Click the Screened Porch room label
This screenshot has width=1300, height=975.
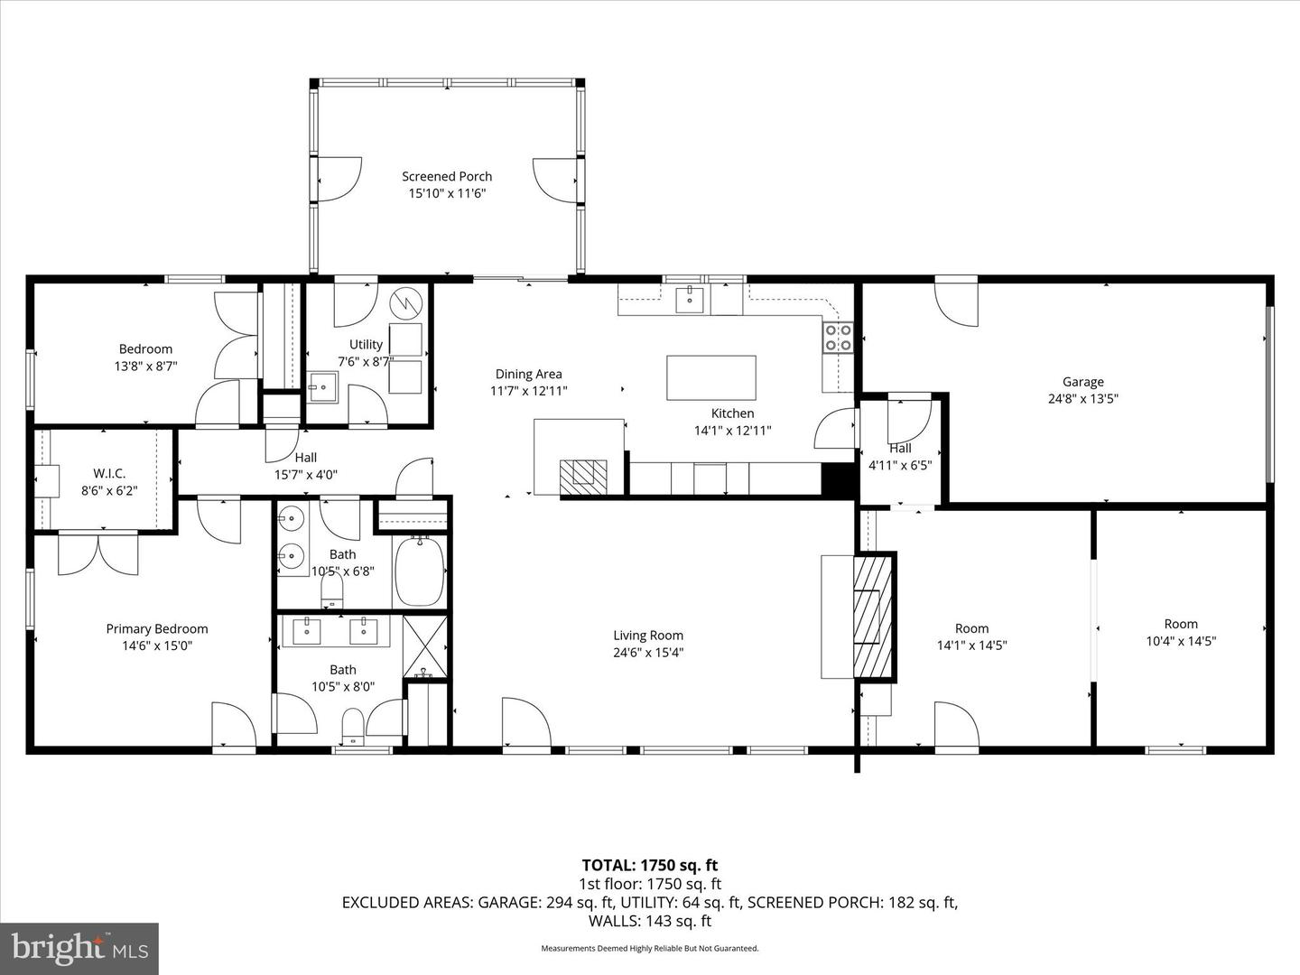point(447,177)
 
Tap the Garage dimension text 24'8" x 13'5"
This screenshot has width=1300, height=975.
point(1082,398)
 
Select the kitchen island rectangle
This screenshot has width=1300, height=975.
point(711,377)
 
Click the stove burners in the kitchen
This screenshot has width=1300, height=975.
point(838,338)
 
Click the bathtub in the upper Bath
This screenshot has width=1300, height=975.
point(419,571)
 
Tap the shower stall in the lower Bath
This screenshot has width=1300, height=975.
point(425,645)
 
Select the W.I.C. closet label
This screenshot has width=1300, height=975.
point(109,474)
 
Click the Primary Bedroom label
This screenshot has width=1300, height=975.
point(157,629)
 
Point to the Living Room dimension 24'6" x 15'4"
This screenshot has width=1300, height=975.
point(648,652)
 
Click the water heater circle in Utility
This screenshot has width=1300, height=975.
point(405,302)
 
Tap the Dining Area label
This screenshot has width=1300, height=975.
point(528,374)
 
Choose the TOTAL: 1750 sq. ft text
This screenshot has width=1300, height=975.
point(649,866)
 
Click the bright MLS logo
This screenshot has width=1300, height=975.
point(79,948)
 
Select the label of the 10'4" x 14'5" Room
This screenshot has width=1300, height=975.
point(1181,624)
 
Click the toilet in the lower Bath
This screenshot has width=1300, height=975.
point(352,724)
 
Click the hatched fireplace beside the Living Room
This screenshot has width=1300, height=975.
point(873,616)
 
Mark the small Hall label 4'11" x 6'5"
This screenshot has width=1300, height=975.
point(900,449)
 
